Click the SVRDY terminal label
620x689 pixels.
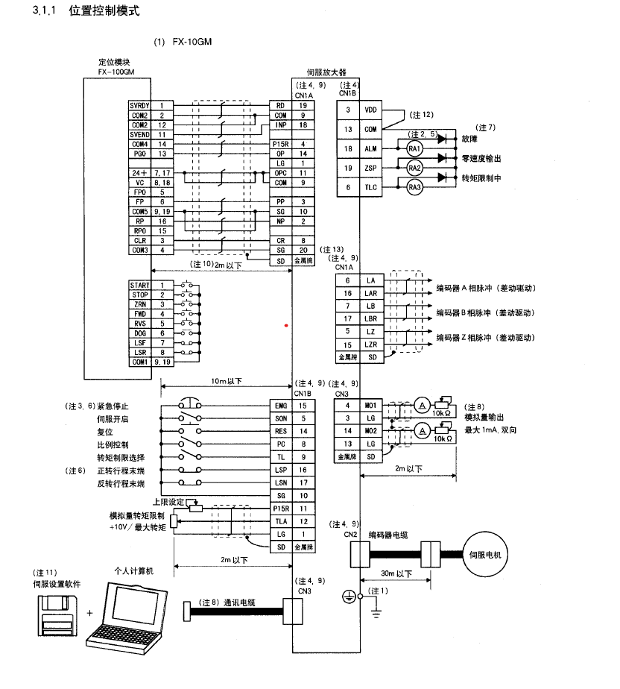(140, 106)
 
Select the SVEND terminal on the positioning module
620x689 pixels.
(140, 134)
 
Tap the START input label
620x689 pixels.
(140, 286)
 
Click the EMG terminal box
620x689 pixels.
(280, 405)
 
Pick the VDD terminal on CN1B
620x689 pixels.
(370, 110)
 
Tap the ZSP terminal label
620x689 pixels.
(370, 169)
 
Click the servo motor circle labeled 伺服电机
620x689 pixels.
(487, 555)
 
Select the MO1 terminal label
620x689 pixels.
(370, 405)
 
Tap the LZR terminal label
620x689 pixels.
(370, 345)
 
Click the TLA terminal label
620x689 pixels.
(280, 520)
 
